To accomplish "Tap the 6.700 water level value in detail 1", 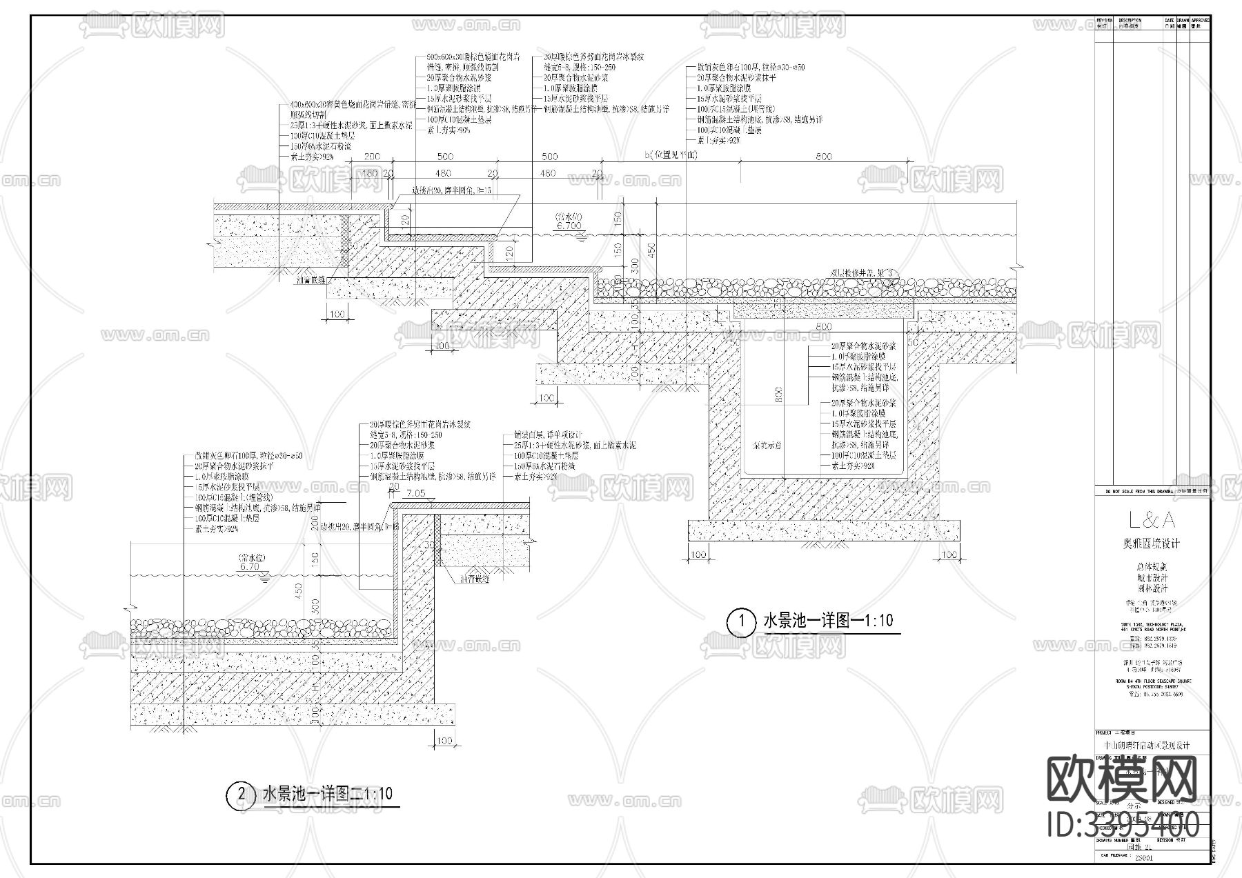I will (x=569, y=226).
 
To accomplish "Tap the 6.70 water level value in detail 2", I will (x=249, y=566).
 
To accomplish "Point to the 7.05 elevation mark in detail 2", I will (x=416, y=493).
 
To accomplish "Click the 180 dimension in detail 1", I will (x=370, y=173).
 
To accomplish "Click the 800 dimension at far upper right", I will (x=824, y=157).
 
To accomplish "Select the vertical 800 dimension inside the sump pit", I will (x=779, y=395).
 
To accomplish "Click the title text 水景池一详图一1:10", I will (x=827, y=621).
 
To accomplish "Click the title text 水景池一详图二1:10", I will (x=327, y=794).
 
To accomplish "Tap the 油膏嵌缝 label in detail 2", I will (x=475, y=580).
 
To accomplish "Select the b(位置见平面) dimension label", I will (x=671, y=157).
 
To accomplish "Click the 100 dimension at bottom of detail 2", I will (x=444, y=741).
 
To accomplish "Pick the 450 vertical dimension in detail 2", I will (x=299, y=591).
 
